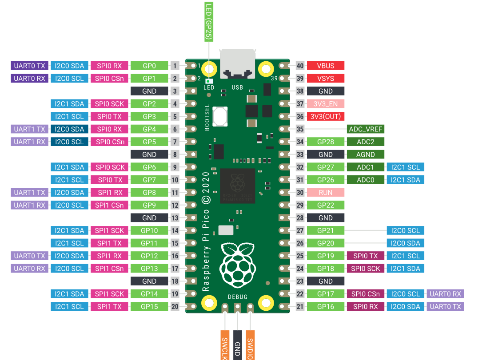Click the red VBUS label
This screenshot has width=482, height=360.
pyautogui.click(x=326, y=66)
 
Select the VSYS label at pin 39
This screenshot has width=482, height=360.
pyautogui.click(x=326, y=79)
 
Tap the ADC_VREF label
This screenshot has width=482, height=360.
pyautogui.click(x=365, y=129)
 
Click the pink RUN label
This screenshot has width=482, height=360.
pyautogui.click(x=326, y=193)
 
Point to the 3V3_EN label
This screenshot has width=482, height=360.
pyautogui.click(x=326, y=104)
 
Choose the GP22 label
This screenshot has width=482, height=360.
pyautogui.click(x=326, y=205)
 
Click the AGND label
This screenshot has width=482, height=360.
pyautogui.click(x=365, y=154)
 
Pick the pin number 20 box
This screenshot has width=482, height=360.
pyautogui.click(x=175, y=306)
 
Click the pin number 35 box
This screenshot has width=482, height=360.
pyautogui.click(x=300, y=129)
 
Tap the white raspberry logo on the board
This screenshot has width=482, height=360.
pyautogui.click(x=238, y=265)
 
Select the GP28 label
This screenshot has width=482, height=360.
pyautogui.click(x=326, y=142)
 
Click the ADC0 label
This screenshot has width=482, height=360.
pyautogui.click(x=365, y=180)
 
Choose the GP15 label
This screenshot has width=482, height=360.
pyautogui.click(x=149, y=306)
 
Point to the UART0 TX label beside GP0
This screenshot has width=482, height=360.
pyautogui.click(x=29, y=66)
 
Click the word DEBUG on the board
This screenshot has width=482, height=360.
pyautogui.click(x=238, y=297)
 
